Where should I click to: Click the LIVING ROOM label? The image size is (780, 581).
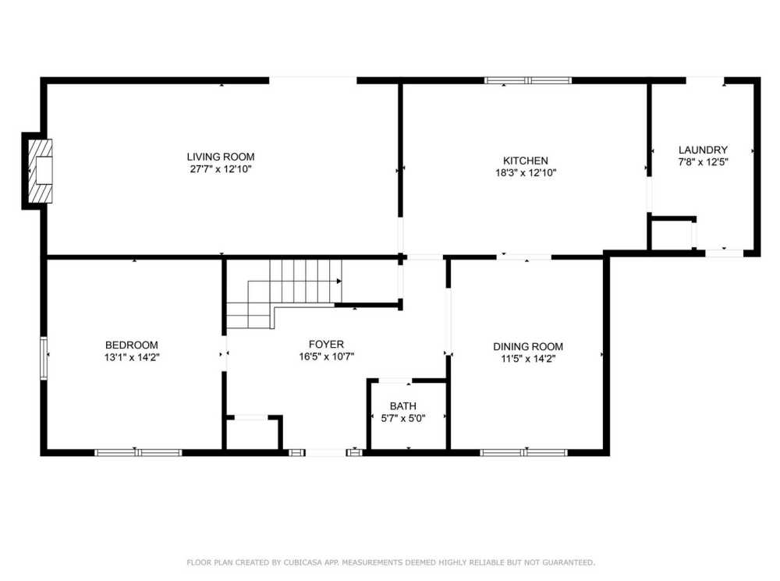click(220, 156)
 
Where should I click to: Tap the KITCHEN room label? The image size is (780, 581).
click(530, 161)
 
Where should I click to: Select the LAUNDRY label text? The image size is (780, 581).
click(703, 150)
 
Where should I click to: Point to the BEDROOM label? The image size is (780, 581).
click(132, 345)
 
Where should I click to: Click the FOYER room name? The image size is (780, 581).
click(326, 344)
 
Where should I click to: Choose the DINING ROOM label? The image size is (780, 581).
click(527, 346)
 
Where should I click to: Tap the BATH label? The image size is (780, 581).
click(403, 406)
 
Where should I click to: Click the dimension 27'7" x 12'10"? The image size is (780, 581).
click(220, 168)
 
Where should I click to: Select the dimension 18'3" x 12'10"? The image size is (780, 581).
click(530, 173)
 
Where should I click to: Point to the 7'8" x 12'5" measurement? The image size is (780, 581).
click(703, 162)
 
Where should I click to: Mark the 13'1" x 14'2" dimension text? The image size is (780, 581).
click(132, 357)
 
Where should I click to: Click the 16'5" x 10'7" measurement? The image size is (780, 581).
click(326, 356)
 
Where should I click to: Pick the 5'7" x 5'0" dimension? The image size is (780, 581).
click(403, 418)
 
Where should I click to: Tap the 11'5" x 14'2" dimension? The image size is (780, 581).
click(527, 359)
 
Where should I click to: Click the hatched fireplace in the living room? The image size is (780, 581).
click(40, 171)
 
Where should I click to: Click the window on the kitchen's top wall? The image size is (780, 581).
click(527, 80)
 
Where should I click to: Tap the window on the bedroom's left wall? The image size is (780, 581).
click(44, 357)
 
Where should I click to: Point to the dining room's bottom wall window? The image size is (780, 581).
click(523, 452)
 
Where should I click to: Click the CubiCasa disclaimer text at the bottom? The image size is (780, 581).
click(390, 562)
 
